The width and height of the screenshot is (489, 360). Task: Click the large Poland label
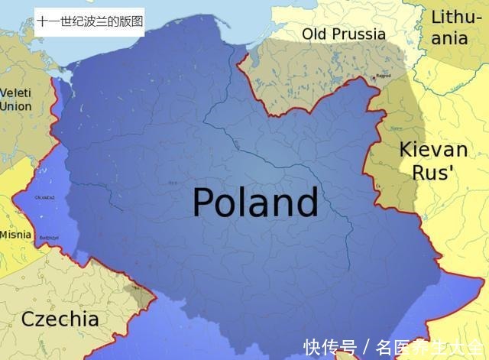[x=254, y=203]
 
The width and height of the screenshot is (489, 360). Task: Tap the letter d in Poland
[x=305, y=203]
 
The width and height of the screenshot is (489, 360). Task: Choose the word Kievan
[x=433, y=149]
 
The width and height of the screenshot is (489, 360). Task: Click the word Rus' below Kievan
[x=432, y=172]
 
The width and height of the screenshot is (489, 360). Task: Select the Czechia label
[x=60, y=319]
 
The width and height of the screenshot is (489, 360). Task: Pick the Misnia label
[x=16, y=235]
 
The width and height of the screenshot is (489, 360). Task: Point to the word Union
[x=15, y=106]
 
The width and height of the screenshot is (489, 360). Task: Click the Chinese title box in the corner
[x=89, y=22]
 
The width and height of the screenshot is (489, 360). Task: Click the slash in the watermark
[x=366, y=347]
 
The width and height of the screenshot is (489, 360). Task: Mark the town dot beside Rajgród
[x=374, y=78]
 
